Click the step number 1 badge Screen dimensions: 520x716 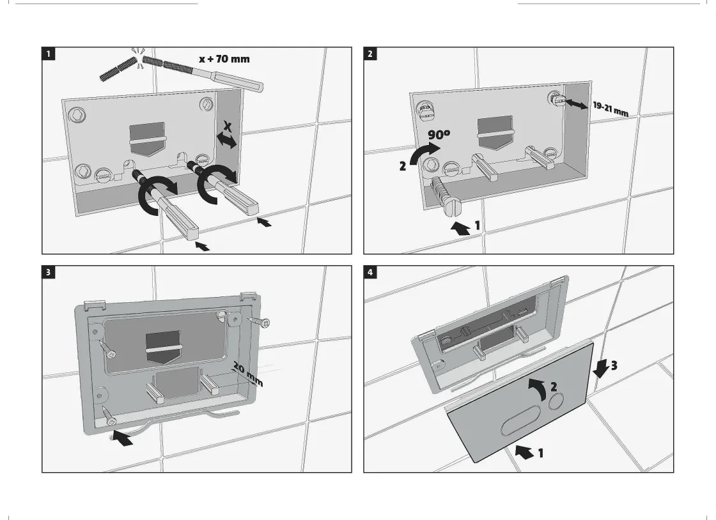(x=49, y=54)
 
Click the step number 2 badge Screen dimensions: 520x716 (x=370, y=54)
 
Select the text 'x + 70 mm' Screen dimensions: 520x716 (x=224, y=59)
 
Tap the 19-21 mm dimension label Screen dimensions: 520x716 (x=610, y=109)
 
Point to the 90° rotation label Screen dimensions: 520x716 (x=439, y=136)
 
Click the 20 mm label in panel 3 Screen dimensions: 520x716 (x=247, y=374)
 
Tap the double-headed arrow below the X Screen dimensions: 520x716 (x=226, y=140)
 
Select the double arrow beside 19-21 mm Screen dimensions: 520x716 (x=577, y=103)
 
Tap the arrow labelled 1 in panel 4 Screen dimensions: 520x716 (x=524, y=452)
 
